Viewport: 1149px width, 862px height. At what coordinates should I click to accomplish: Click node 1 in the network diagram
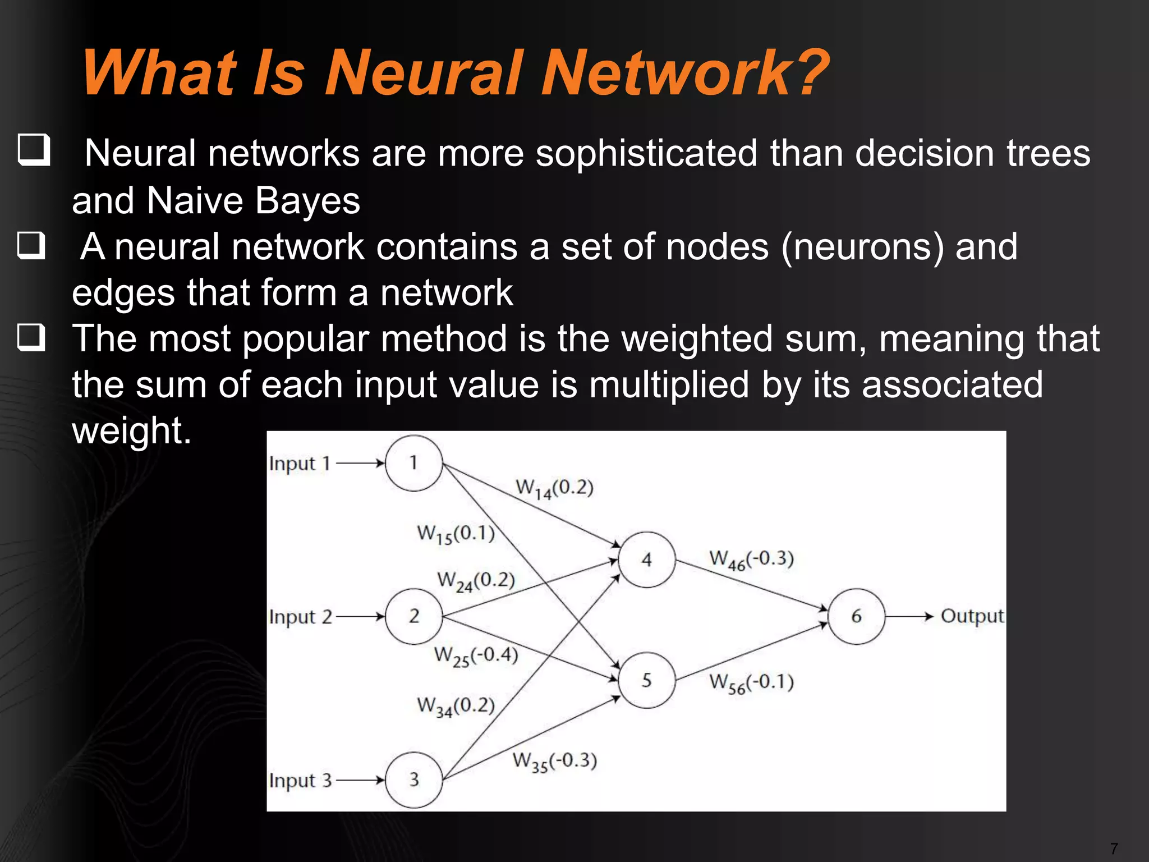click(x=414, y=463)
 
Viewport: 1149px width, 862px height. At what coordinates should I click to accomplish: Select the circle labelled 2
click(x=414, y=616)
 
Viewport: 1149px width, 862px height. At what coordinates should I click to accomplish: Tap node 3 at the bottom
click(x=414, y=780)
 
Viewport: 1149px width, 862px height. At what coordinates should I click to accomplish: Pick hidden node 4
click(x=647, y=560)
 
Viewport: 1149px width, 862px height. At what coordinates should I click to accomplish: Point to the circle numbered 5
click(x=647, y=680)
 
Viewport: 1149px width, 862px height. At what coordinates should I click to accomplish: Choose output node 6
click(x=856, y=616)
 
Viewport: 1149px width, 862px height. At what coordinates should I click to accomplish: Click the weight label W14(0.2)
click(x=554, y=488)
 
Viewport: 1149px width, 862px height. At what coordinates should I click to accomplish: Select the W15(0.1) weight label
click(x=456, y=534)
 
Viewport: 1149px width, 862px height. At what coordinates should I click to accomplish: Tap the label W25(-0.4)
click(x=476, y=656)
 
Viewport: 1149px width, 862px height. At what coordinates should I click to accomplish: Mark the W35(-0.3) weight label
click(x=554, y=762)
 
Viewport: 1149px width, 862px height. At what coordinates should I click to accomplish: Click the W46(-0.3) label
click(x=751, y=560)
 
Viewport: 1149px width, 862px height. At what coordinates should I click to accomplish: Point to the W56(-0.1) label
click(x=751, y=683)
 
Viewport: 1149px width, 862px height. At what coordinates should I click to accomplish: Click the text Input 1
click(x=299, y=464)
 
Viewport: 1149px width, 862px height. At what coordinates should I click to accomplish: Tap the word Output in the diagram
click(x=972, y=616)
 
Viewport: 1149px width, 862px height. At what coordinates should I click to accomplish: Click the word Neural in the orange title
click(x=425, y=73)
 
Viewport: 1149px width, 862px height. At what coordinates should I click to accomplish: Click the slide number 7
click(x=1114, y=849)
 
